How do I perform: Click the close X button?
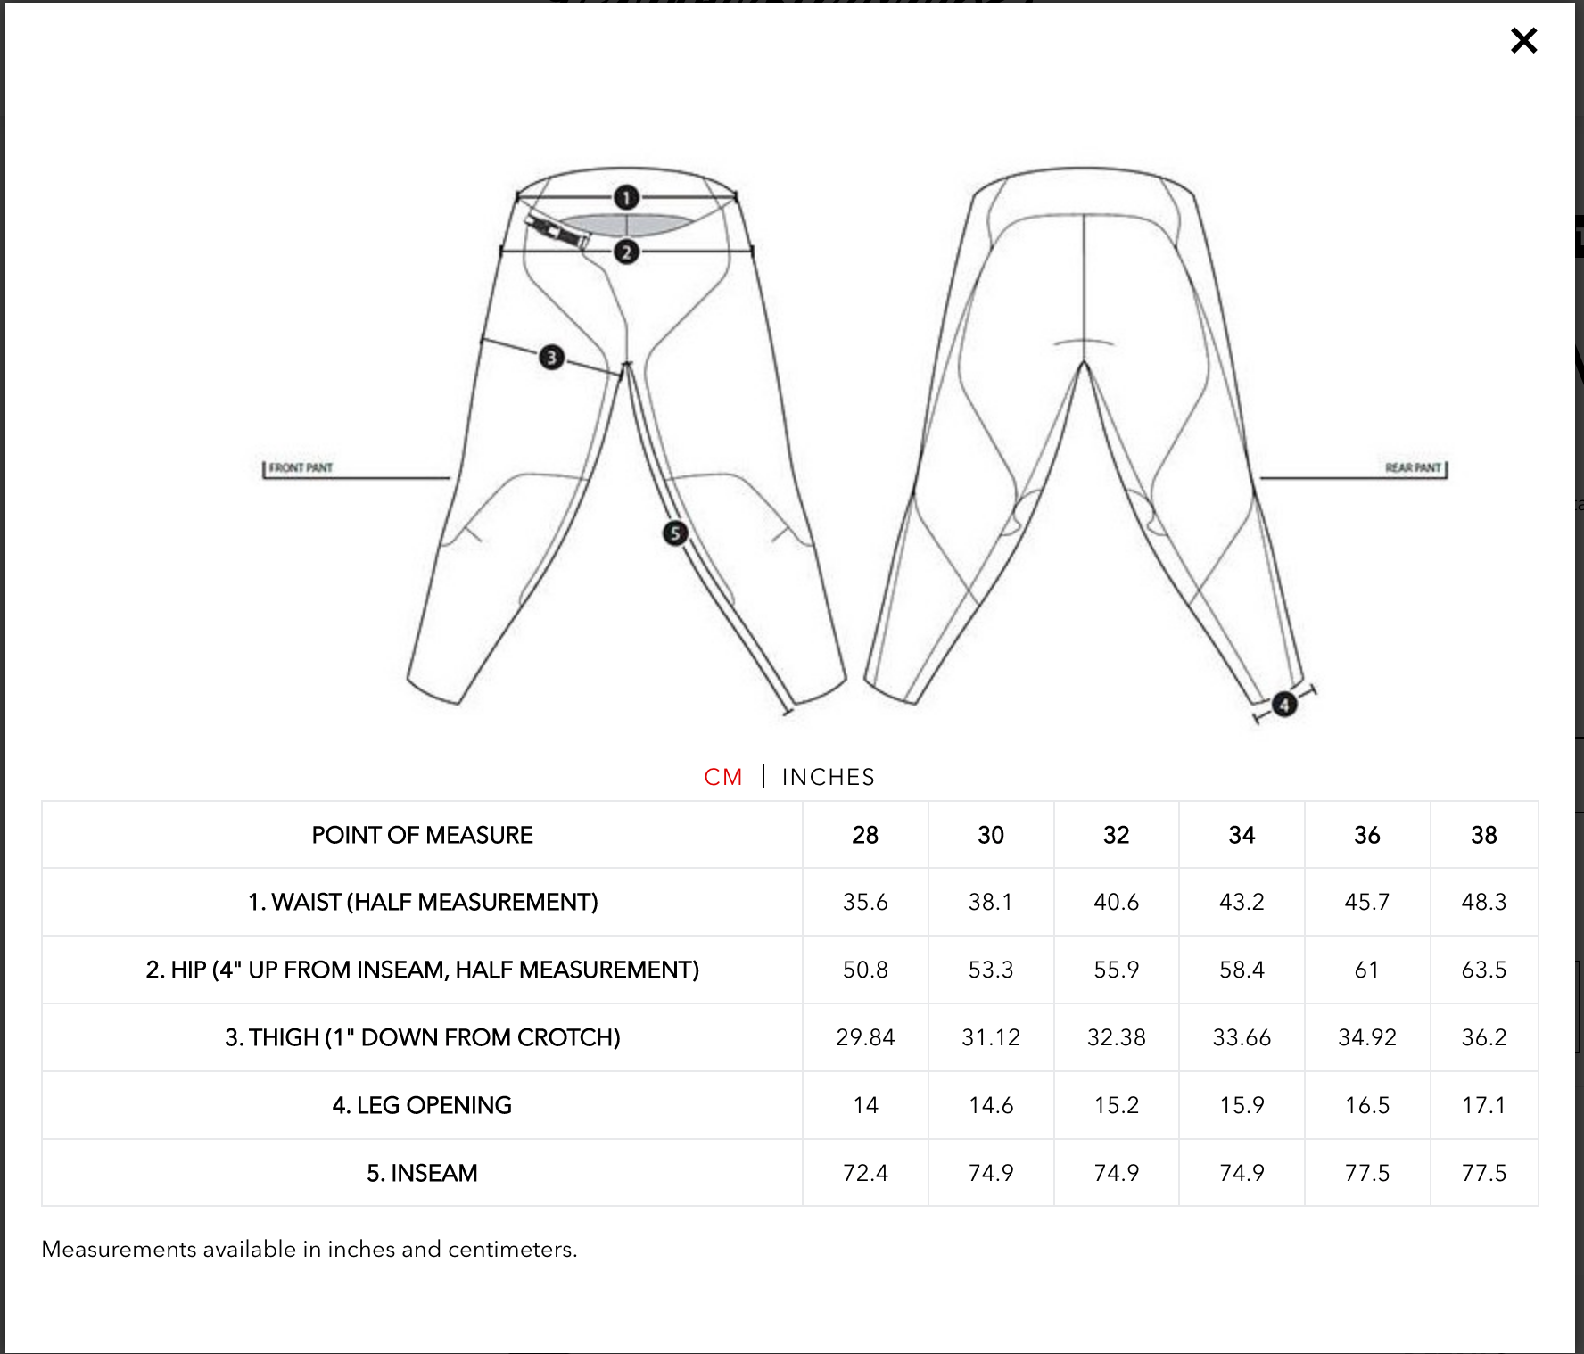coord(1523,40)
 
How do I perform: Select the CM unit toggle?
coord(722,777)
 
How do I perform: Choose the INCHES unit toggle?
coord(828,777)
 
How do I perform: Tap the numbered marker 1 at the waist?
coord(626,197)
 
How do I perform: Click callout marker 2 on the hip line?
coord(626,252)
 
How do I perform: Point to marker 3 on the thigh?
coord(551,358)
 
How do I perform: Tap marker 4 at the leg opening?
coord(1283,705)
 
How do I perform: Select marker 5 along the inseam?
coord(675,533)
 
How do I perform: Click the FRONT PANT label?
coord(301,467)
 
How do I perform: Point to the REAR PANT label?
coord(1413,467)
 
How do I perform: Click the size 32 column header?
coord(1116,835)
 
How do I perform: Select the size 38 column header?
coord(1483,835)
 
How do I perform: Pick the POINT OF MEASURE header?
coord(422,835)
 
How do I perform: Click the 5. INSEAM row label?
coord(422,1173)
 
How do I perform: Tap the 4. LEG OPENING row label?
coord(422,1105)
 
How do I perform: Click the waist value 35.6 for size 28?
coord(865,902)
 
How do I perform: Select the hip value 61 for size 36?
coord(1366,970)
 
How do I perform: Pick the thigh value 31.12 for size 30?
coord(991,1037)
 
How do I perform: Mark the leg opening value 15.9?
coord(1242,1105)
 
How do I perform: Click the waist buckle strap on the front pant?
coord(557,231)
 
